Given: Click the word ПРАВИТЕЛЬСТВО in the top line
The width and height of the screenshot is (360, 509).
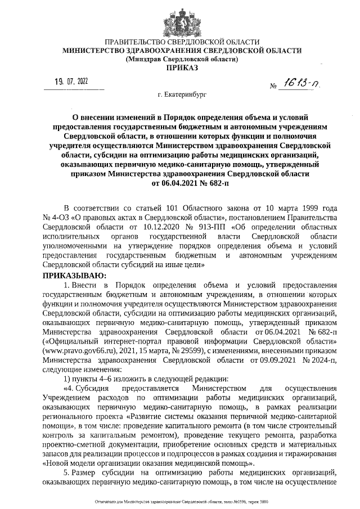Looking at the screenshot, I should pyautogui.click(x=139, y=42).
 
